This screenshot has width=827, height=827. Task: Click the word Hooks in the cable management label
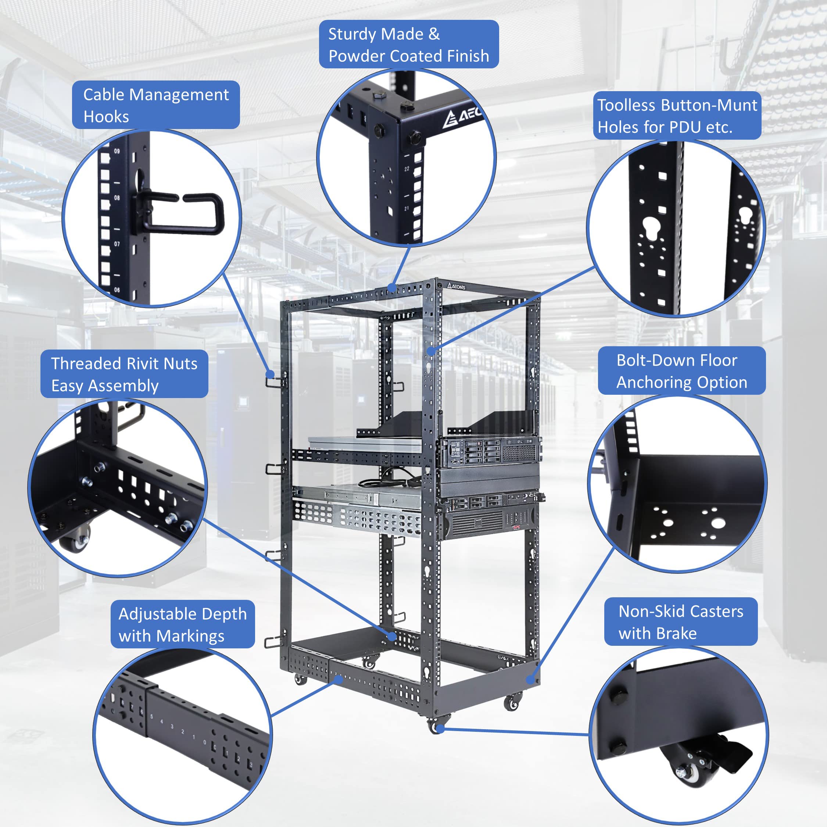[x=106, y=117]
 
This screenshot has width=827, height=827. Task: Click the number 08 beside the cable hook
[x=117, y=198]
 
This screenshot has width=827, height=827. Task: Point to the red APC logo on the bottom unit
[x=517, y=528]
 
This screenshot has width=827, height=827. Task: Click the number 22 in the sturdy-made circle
[x=406, y=169]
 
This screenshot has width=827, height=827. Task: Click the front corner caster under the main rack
[x=436, y=726]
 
